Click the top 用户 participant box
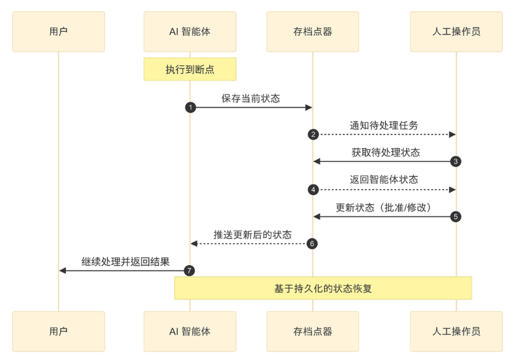tap(58, 32)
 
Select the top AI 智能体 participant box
tap(190, 32)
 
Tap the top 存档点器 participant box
tap(312, 32)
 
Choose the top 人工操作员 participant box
tap(456, 32)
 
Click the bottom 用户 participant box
tap(58, 331)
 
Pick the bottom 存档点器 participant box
tap(312, 331)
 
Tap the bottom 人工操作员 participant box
tap(456, 331)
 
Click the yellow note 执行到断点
tap(190, 69)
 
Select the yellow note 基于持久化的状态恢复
tap(323, 288)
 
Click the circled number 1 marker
tap(190, 108)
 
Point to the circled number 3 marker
tap(455, 161)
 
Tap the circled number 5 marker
tap(455, 216)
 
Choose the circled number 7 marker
tap(190, 271)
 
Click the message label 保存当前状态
tap(251, 98)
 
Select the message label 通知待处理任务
tap(383, 126)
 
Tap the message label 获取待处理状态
tap(385, 153)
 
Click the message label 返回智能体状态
tap(383, 180)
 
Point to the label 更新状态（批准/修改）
tap(383, 207)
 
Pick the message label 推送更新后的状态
tap(252, 235)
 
